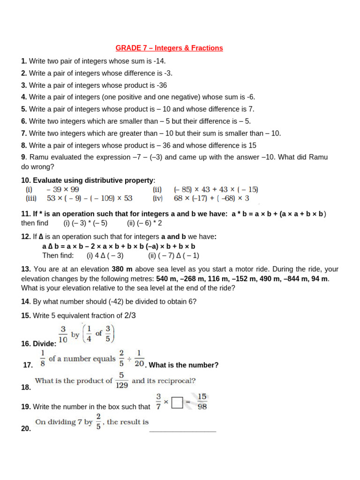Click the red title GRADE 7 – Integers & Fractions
click(x=169, y=48)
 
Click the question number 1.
click(x=24, y=61)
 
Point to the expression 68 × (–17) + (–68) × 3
click(x=211, y=198)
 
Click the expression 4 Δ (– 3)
click(x=105, y=255)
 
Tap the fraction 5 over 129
click(x=121, y=381)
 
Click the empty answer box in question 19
click(x=177, y=403)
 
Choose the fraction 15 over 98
click(x=202, y=402)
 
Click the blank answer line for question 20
click(x=182, y=430)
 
